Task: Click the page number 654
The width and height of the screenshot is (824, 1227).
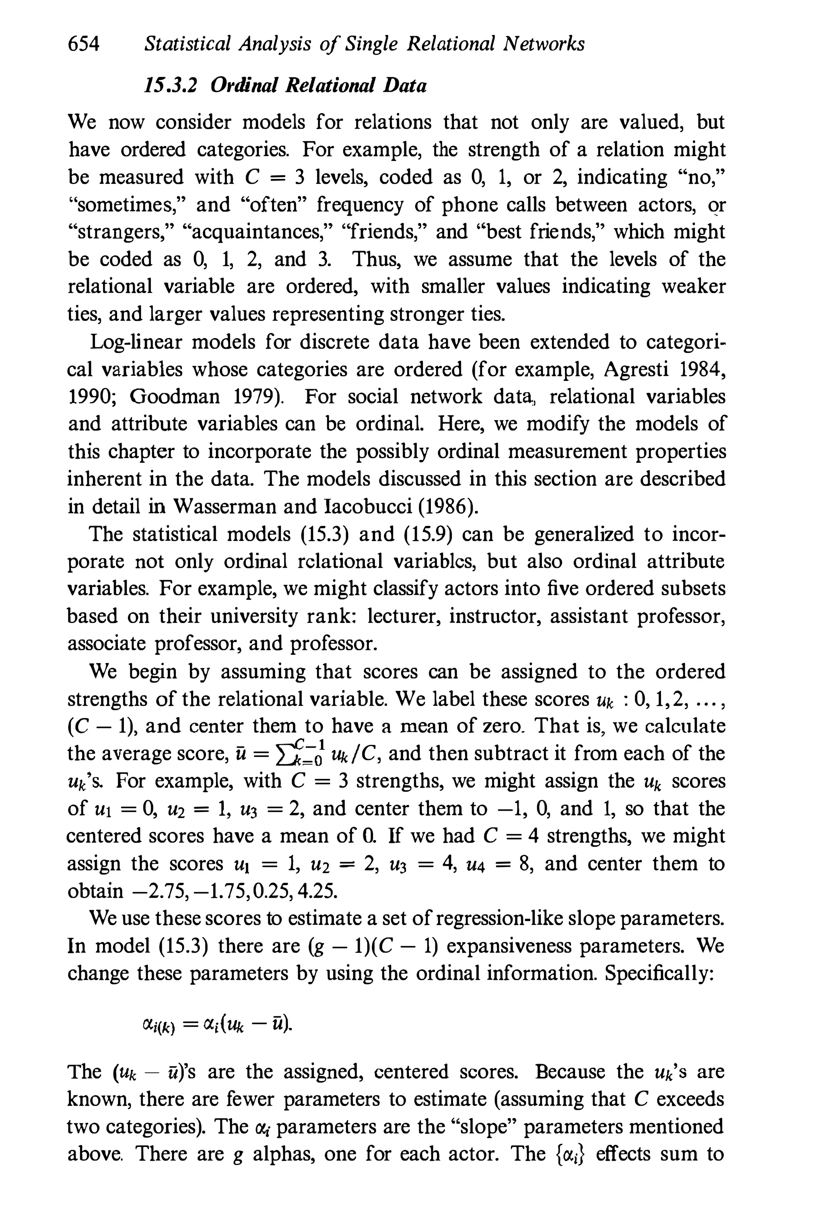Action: click(x=84, y=44)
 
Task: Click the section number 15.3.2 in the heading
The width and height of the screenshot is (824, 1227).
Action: click(x=170, y=85)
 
